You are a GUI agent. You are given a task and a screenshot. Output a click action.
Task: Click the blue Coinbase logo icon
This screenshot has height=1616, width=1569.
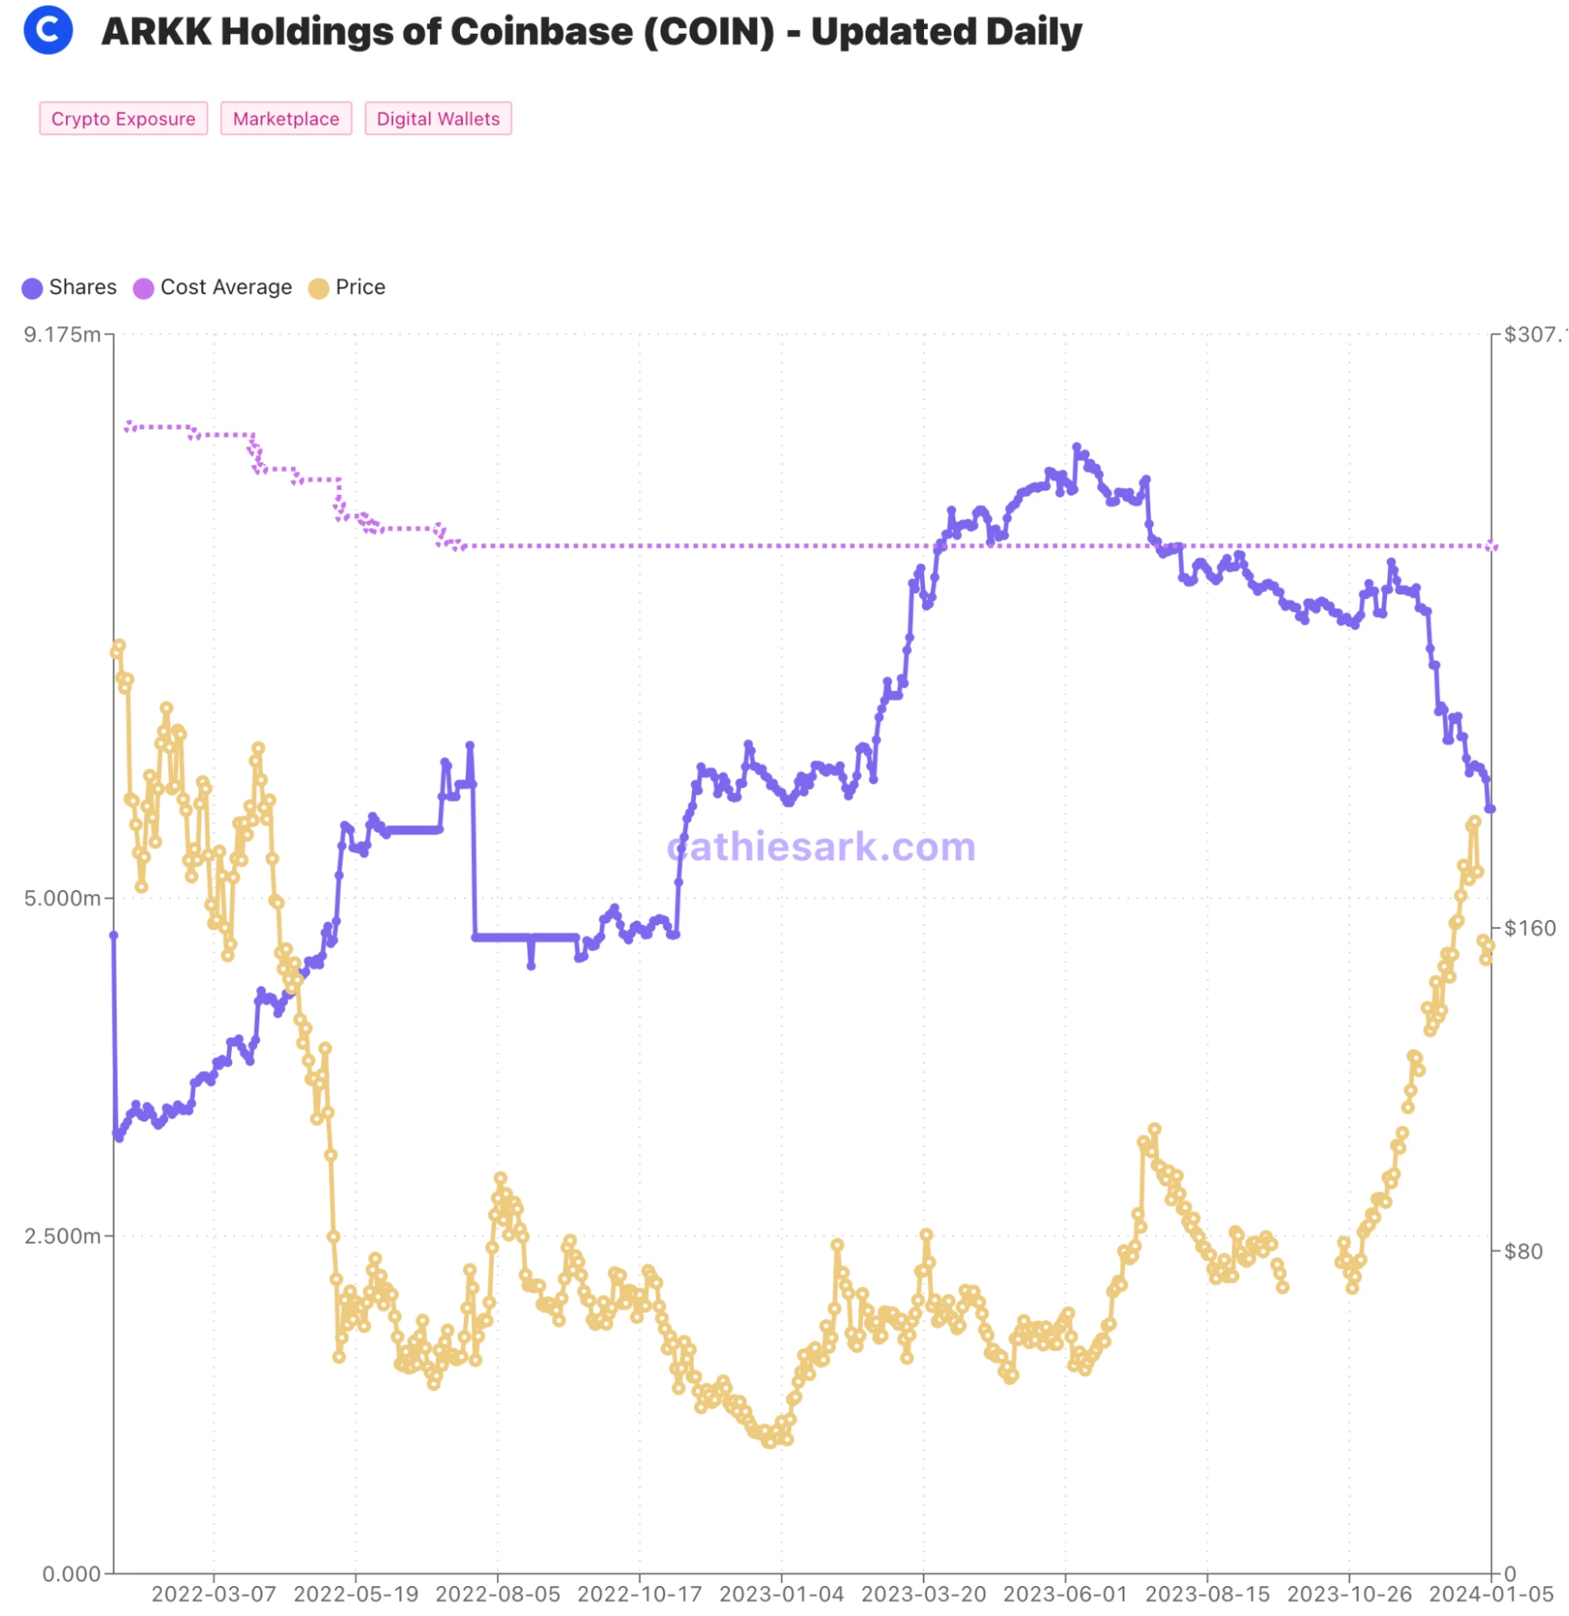(x=48, y=30)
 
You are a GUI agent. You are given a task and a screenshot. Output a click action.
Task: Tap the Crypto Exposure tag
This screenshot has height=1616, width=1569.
(x=124, y=119)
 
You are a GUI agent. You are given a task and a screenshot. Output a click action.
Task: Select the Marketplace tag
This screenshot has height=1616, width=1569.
(x=286, y=119)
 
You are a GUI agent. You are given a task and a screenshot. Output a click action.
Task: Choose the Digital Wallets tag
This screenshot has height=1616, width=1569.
(x=438, y=119)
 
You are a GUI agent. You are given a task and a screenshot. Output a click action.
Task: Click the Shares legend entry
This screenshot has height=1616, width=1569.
(x=70, y=288)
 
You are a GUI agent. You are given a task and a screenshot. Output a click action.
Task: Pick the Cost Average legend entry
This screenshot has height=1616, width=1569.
(x=213, y=288)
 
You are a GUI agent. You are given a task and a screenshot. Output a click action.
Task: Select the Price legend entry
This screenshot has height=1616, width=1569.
(x=347, y=288)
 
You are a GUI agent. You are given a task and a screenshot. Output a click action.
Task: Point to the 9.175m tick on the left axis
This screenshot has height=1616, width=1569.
(x=61, y=335)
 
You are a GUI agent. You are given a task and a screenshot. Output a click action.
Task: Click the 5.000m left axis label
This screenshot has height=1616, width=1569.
(x=61, y=898)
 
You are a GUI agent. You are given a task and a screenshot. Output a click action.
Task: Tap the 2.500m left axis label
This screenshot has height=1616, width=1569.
(x=61, y=1236)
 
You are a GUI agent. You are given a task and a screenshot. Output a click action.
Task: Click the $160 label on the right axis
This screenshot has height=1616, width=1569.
(x=1529, y=928)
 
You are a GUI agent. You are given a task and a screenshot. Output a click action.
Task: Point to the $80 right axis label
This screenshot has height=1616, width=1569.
(x=1523, y=1251)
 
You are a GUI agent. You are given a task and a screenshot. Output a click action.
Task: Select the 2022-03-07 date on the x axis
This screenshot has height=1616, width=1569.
(x=213, y=1593)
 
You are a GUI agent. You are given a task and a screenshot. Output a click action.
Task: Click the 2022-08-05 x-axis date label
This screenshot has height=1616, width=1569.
(x=497, y=1593)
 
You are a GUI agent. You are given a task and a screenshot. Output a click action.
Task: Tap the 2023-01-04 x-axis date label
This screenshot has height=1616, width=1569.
(x=782, y=1593)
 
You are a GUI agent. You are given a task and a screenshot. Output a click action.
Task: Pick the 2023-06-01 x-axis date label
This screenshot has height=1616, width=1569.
(x=1065, y=1593)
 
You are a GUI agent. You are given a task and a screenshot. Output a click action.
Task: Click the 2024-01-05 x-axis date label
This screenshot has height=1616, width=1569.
(x=1491, y=1593)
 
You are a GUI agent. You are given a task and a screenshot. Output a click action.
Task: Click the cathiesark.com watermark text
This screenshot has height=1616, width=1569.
(x=821, y=846)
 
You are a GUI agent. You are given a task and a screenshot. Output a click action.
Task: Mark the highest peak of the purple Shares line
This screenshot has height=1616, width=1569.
(x=1077, y=447)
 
